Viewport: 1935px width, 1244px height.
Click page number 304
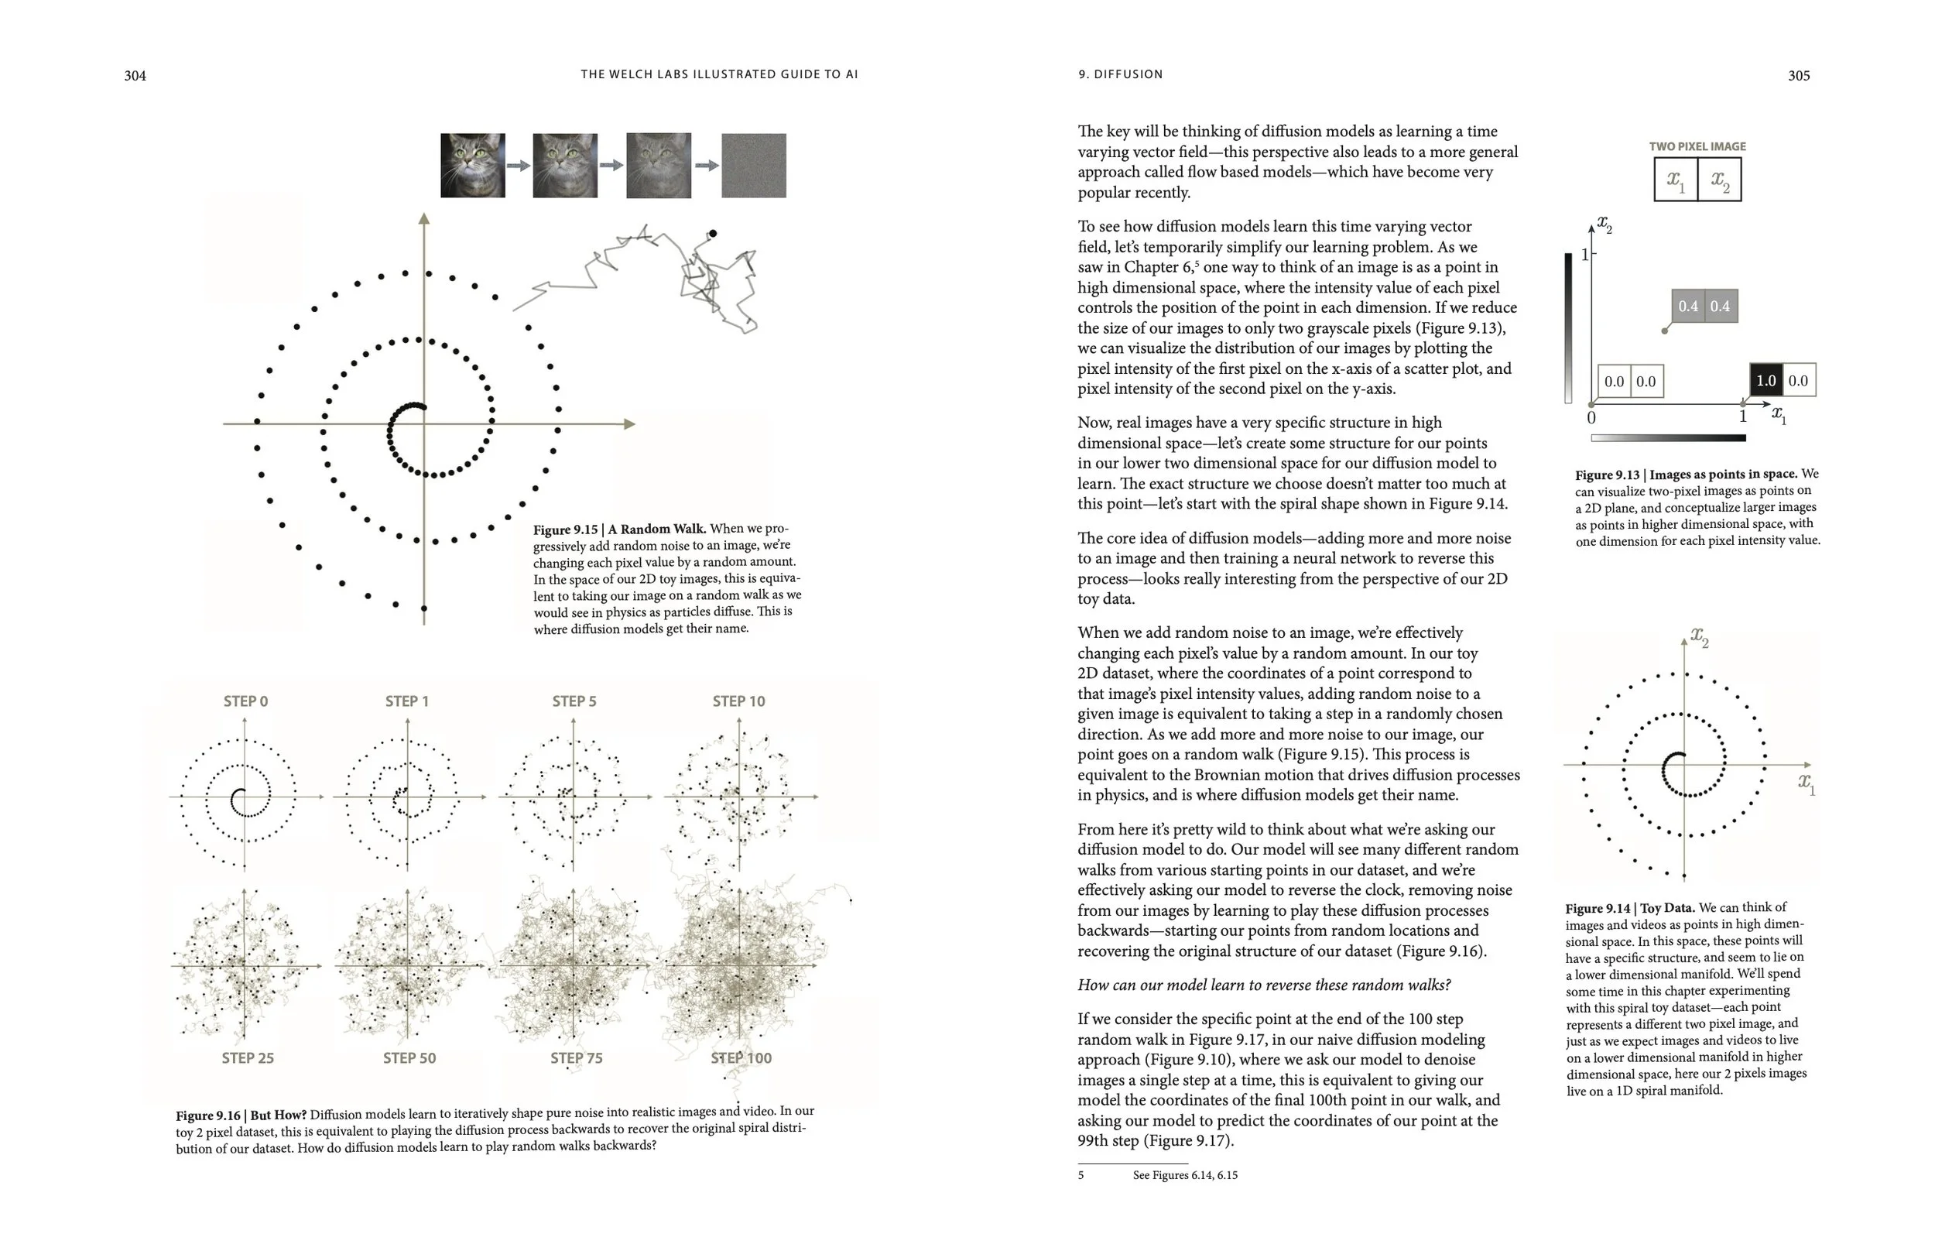click(x=135, y=76)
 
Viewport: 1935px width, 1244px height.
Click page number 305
click(x=1799, y=76)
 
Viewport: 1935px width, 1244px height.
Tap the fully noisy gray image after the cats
click(x=752, y=166)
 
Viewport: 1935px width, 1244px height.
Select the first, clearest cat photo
click(x=472, y=166)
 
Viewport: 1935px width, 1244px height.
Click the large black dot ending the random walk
click(x=712, y=234)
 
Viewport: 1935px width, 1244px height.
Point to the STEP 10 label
click(x=738, y=701)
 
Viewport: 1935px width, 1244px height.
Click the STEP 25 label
click(x=247, y=1058)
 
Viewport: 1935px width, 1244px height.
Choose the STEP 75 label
click(x=576, y=1058)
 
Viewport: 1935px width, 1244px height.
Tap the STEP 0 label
click(x=245, y=701)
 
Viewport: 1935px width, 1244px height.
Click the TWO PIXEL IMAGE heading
click(x=1697, y=147)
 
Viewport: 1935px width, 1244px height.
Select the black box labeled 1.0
click(x=1765, y=380)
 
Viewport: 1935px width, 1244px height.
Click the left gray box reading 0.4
click(x=1687, y=306)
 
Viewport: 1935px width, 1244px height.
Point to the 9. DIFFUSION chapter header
click(x=1120, y=74)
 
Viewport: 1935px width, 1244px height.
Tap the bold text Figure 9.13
click(x=1606, y=475)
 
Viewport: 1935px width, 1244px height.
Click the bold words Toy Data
click(x=1667, y=908)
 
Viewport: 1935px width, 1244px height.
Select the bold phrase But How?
click(x=278, y=1115)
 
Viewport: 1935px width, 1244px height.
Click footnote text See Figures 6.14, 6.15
click(x=1184, y=1175)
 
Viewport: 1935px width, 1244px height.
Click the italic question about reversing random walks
click(x=1263, y=985)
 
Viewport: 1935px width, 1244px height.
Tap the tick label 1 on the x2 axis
click(x=1584, y=255)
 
